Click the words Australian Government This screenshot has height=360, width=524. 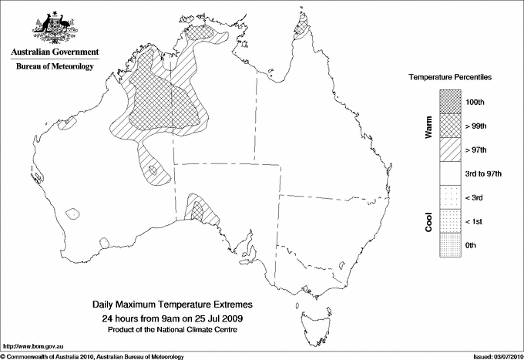pos(55,52)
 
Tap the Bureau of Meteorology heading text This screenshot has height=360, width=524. pos(55,66)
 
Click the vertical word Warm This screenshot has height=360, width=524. pos(428,126)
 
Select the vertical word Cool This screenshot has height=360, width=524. pos(428,221)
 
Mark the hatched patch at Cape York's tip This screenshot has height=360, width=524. pos(301,29)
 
